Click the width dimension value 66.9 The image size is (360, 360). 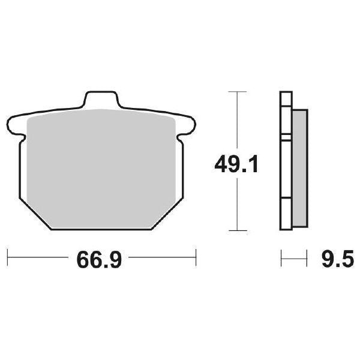click(99, 260)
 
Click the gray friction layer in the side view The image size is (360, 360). click(299, 168)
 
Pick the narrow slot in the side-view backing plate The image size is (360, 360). click(286, 140)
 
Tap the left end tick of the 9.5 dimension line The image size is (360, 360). click(281, 260)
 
